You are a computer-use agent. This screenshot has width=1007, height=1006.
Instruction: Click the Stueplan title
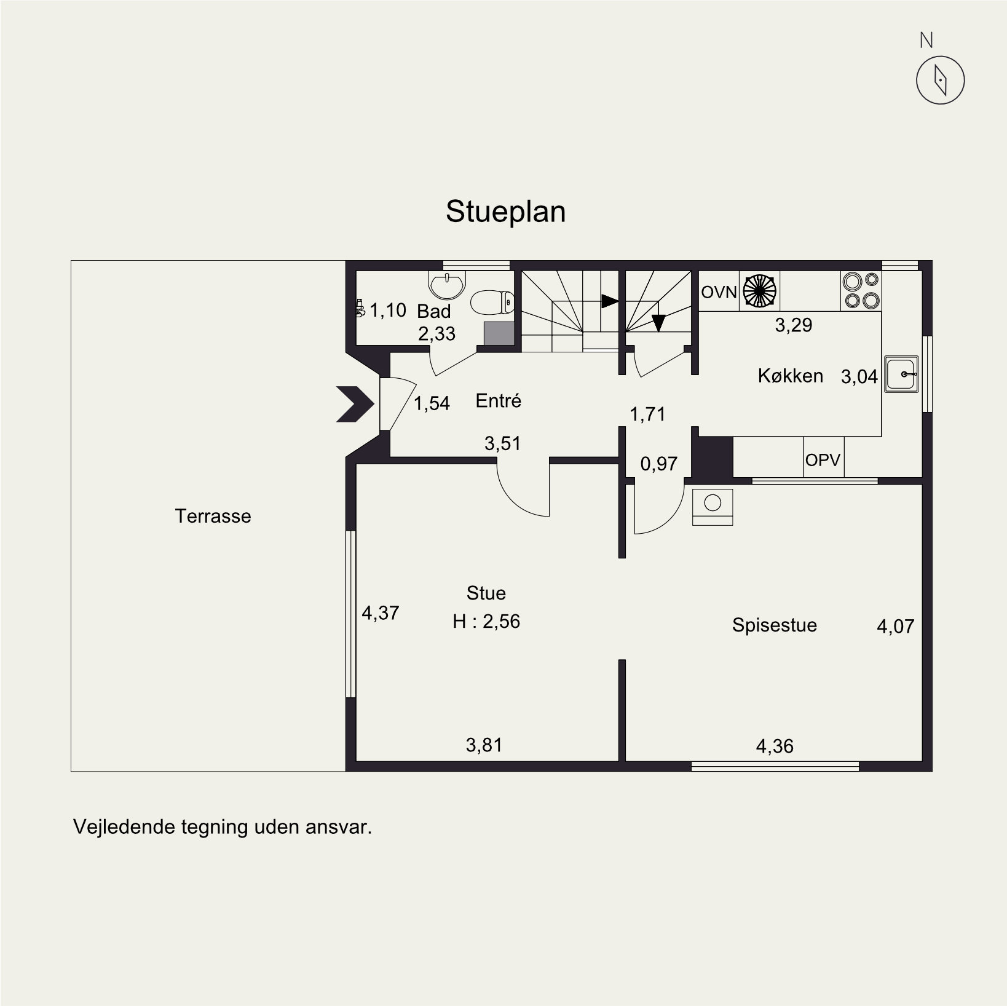(505, 212)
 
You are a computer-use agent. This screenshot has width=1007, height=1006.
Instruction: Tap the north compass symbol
(940, 80)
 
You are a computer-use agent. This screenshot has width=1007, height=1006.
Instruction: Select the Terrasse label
(213, 516)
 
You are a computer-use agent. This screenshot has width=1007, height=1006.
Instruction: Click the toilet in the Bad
(492, 302)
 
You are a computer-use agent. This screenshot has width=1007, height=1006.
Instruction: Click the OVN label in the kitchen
(719, 292)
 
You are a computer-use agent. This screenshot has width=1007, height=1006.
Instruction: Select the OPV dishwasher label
(823, 459)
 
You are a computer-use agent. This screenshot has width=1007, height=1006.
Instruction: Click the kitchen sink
(901, 374)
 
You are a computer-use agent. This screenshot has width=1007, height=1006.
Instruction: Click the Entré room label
(498, 401)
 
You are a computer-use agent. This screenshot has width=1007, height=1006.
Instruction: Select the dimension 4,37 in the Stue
(380, 613)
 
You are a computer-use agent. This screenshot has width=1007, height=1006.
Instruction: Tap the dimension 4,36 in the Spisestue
(775, 747)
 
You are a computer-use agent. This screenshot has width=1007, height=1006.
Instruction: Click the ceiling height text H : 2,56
(486, 622)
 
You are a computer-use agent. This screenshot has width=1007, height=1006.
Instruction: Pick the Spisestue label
(775, 625)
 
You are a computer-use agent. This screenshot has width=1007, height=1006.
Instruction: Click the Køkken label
(790, 376)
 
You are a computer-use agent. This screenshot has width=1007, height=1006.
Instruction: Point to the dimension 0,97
(658, 464)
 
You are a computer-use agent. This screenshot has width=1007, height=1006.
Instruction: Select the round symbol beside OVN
(759, 290)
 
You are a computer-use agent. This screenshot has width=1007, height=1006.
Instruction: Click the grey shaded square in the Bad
(499, 333)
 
